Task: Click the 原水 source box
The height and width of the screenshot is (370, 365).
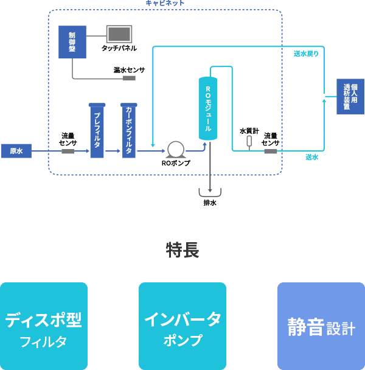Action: click(16, 151)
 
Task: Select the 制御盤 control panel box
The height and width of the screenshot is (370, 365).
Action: click(72, 42)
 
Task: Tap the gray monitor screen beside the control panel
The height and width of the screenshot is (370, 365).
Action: click(119, 34)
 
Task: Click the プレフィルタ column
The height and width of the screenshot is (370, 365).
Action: click(97, 131)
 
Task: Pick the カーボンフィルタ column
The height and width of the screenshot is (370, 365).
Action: click(129, 131)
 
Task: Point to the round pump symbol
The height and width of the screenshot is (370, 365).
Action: click(176, 149)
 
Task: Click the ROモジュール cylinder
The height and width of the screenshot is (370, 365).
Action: click(208, 108)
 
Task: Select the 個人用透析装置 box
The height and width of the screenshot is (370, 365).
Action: click(350, 96)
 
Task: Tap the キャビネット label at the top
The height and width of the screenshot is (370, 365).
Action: click(165, 4)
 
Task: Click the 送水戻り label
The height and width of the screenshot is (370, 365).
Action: click(306, 54)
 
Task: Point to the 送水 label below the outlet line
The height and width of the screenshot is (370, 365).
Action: click(312, 158)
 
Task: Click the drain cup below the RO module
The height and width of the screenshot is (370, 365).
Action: click(210, 193)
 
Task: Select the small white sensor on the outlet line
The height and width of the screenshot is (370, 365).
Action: click(249, 141)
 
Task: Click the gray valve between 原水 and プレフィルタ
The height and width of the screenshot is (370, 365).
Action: click(68, 151)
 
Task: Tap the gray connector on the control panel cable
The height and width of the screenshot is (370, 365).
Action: click(129, 78)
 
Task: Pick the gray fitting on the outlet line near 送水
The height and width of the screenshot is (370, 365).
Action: click(271, 151)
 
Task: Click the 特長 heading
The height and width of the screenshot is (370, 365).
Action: click(182, 250)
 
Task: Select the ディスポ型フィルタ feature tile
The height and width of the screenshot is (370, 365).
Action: click(44, 326)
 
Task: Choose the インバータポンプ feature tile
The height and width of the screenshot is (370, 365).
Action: click(182, 326)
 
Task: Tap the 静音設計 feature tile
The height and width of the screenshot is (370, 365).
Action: click(321, 326)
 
